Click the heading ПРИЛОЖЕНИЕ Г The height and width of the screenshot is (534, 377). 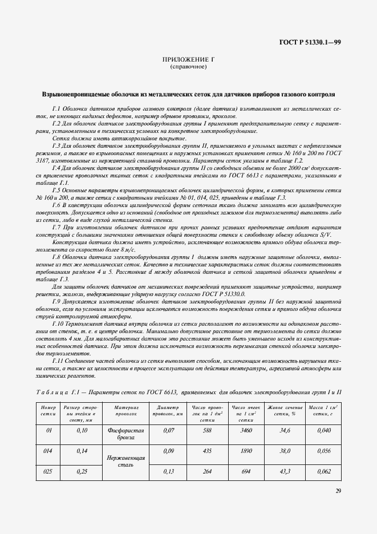pyautogui.click(x=188, y=59)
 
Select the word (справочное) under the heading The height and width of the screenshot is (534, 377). pyautogui.click(x=188, y=67)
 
